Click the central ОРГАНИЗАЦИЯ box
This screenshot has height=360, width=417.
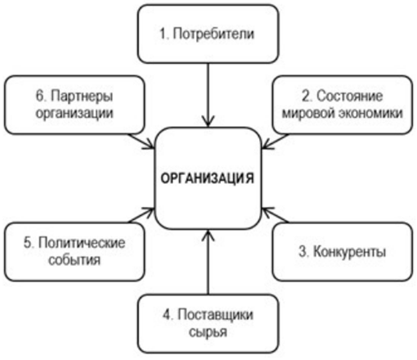coord(208,178)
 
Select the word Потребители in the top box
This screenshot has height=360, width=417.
coord(213,34)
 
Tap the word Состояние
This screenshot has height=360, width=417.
coord(350,96)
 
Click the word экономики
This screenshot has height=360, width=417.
coord(370,113)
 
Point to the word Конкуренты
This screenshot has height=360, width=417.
coord(350,251)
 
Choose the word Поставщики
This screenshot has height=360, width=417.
coord(215,315)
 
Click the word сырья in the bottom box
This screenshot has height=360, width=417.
coord(208,332)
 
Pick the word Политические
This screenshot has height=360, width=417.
coord(82,242)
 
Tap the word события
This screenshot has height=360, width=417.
coord(74,260)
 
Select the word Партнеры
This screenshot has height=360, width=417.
coord(82,97)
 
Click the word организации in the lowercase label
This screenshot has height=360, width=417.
coord(74,113)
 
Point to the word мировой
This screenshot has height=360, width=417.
coord(308,113)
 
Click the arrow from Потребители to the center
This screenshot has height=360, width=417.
coord(208,95)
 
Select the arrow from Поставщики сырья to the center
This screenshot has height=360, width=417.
coord(208,262)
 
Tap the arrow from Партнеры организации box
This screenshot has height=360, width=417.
coord(141,142)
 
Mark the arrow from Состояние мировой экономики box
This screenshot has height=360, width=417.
coord(275,142)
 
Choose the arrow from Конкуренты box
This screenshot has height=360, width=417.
coord(275,215)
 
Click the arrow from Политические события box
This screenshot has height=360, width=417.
coord(141,215)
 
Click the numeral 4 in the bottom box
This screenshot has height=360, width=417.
coord(167,315)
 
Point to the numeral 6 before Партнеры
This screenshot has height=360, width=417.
coord(40,96)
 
